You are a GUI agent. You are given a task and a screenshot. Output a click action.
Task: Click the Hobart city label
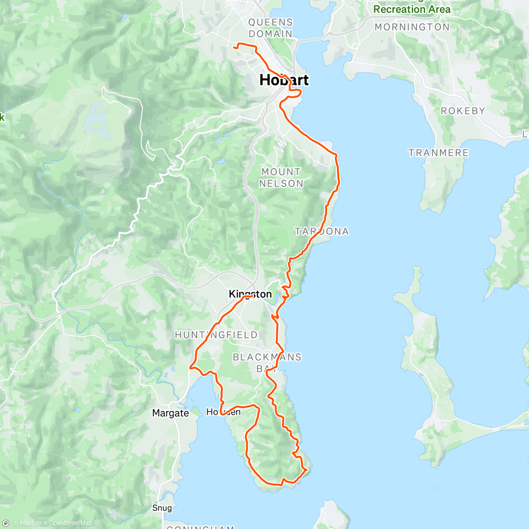pos(284,80)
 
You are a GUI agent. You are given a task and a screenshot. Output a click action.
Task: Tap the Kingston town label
pos(250,294)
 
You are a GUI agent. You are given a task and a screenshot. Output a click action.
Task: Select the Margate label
pos(170,413)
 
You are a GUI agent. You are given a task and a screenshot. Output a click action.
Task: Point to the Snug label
pos(162,508)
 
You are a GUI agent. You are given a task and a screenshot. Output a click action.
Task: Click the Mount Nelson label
pos(281,178)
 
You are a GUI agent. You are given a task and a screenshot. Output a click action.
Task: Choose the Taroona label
pos(322,231)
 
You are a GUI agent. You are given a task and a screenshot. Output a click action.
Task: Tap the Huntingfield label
pos(216,335)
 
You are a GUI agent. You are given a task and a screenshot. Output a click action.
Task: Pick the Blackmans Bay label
pos(267,362)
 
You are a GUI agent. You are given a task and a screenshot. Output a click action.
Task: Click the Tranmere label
pos(438,153)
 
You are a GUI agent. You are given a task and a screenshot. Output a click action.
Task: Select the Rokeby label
pos(463,111)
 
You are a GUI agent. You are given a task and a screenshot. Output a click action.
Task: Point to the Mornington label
pos(412,27)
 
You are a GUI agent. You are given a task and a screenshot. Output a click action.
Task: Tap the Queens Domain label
pos(270,28)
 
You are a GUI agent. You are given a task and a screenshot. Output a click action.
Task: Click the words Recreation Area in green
pos(412,9)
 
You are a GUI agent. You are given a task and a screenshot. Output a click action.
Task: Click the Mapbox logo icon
pos(6,523)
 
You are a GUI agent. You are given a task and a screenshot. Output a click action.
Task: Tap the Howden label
pos(224,412)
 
